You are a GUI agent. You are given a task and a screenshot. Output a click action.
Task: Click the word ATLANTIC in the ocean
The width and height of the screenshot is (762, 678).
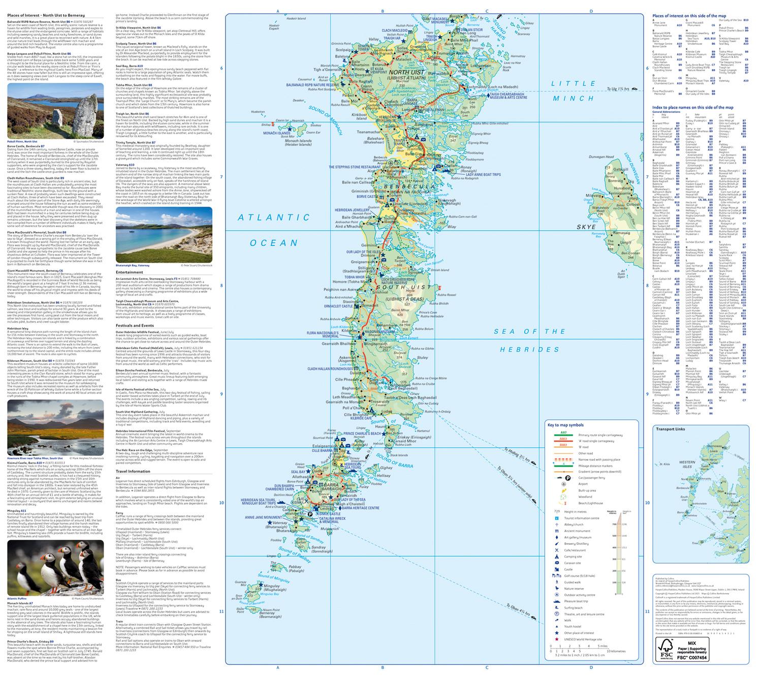tap(275, 218)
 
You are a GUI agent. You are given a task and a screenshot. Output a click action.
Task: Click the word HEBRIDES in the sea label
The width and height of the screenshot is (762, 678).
tap(529, 350)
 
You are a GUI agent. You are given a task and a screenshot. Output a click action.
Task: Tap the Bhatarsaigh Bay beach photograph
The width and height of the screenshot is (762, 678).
tap(164, 235)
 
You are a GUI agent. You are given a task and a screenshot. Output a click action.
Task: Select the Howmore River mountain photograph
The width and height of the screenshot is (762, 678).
tap(55, 427)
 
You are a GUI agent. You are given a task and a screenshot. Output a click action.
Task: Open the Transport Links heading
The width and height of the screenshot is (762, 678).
tap(670, 429)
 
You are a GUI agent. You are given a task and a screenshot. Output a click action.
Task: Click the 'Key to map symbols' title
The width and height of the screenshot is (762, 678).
tap(565, 425)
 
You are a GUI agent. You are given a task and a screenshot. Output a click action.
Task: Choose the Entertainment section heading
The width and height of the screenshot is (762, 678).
tap(130, 272)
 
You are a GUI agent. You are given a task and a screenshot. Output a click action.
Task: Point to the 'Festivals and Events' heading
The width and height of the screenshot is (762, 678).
tap(135, 325)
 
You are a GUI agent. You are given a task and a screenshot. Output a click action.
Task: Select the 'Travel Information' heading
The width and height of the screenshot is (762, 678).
tap(133, 471)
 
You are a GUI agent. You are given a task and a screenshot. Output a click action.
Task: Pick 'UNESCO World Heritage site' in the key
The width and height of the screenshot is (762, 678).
tap(582, 639)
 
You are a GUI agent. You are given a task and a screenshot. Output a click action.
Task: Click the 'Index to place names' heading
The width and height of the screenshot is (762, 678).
tap(692, 108)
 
